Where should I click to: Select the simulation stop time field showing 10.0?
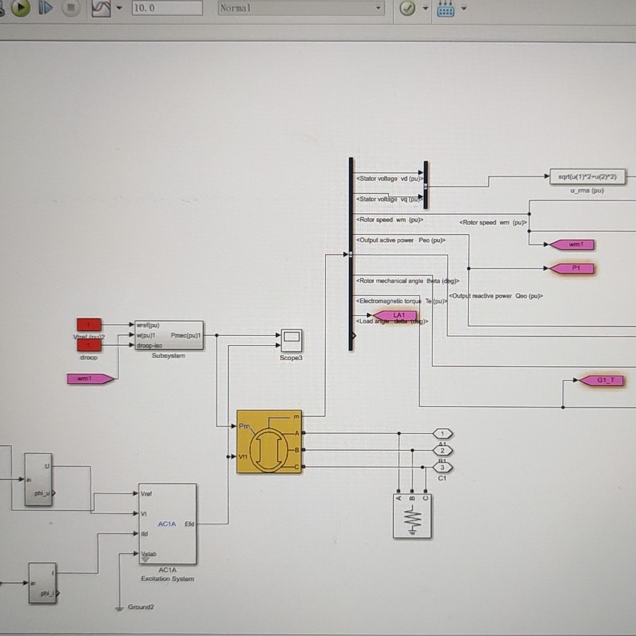(167, 8)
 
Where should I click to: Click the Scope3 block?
(291, 340)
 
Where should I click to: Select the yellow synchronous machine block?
(269, 442)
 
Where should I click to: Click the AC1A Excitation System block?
(167, 524)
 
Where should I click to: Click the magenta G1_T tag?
(602, 381)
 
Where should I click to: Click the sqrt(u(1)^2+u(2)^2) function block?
(587, 177)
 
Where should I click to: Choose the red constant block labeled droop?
(89, 346)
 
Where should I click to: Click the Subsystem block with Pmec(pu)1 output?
(169, 336)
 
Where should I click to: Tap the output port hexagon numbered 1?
(443, 434)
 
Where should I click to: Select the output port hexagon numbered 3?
(443, 467)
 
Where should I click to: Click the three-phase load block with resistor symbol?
(412, 516)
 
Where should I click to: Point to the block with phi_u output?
(39, 479)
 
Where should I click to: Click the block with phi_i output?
(42, 582)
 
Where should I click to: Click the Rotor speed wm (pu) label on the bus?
(390, 220)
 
